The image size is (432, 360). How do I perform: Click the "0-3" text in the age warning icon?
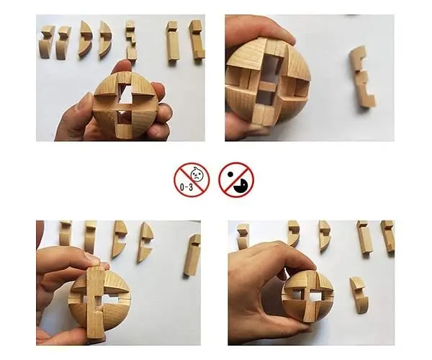coord(186,187)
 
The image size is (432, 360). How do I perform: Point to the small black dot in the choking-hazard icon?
coord(230,174)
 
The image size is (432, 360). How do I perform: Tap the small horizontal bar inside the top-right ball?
coord(268,86)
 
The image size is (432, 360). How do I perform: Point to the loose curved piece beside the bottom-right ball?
coord(359,295)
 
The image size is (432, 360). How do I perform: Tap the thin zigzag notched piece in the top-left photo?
coord(131,41)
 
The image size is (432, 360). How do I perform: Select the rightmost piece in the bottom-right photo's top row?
coord(387,237)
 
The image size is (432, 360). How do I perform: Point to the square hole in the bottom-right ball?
coord(315,297)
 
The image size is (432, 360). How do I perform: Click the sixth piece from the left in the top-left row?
coord(173,42)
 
